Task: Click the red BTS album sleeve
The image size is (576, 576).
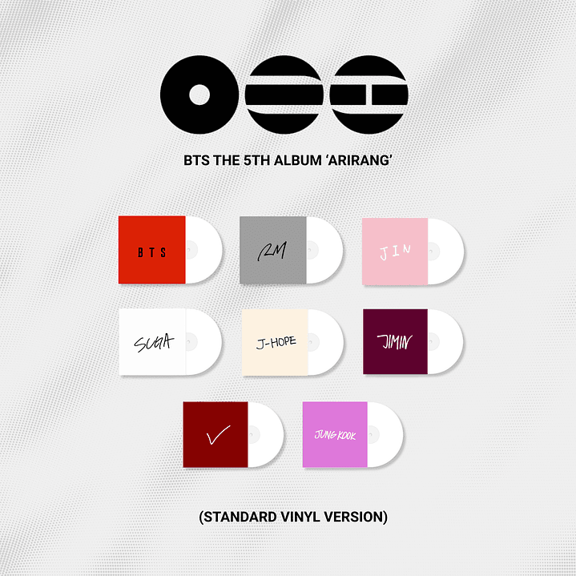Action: click(x=152, y=249)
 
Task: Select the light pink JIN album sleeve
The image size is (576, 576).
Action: click(x=395, y=249)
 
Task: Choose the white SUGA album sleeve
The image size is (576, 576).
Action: click(x=152, y=341)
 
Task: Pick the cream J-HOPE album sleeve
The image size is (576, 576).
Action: click(x=276, y=341)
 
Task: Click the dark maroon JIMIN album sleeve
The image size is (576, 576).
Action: click(x=395, y=341)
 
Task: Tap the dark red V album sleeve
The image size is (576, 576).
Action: click(x=216, y=433)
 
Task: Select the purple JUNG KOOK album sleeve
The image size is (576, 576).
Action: click(x=335, y=433)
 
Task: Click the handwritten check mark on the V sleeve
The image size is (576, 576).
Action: click(x=217, y=436)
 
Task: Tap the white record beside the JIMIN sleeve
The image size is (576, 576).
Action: click(x=446, y=341)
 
